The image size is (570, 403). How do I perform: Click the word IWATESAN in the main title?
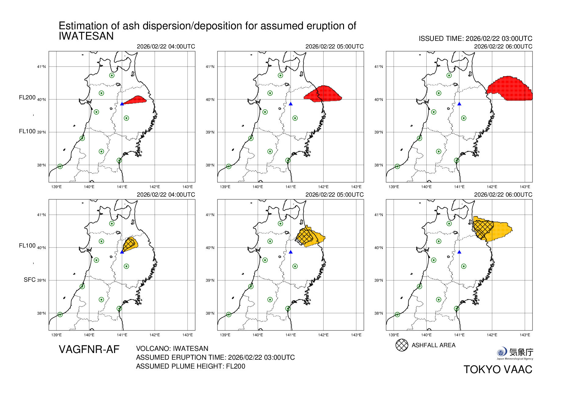pyautogui.click(x=86, y=36)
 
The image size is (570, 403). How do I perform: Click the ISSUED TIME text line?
pyautogui.click(x=475, y=39)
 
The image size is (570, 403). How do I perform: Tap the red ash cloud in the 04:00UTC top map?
pyautogui.click(x=136, y=100)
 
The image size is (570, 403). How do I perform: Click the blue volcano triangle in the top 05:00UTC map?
pyautogui.click(x=291, y=104)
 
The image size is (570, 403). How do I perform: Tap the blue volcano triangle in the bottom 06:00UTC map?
pyautogui.click(x=459, y=252)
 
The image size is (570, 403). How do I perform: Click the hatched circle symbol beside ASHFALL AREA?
pyautogui.click(x=402, y=345)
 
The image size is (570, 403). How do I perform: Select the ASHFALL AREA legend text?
pyautogui.click(x=433, y=345)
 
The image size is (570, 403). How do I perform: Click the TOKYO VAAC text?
pyautogui.click(x=498, y=369)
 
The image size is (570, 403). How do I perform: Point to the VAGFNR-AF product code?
pyautogui.click(x=89, y=349)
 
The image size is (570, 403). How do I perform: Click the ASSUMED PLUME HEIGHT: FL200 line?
pyautogui.click(x=190, y=366)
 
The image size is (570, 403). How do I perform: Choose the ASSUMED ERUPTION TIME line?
pyautogui.click(x=215, y=357)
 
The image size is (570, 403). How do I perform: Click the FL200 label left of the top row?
pyautogui.click(x=27, y=98)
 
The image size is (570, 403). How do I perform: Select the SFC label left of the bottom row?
pyautogui.click(x=30, y=280)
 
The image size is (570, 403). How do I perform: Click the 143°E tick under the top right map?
pyautogui.click(x=525, y=187)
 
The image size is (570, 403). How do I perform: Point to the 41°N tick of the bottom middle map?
pyautogui.click(x=210, y=215)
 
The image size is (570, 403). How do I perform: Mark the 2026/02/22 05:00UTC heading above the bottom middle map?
pyautogui.click(x=334, y=195)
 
